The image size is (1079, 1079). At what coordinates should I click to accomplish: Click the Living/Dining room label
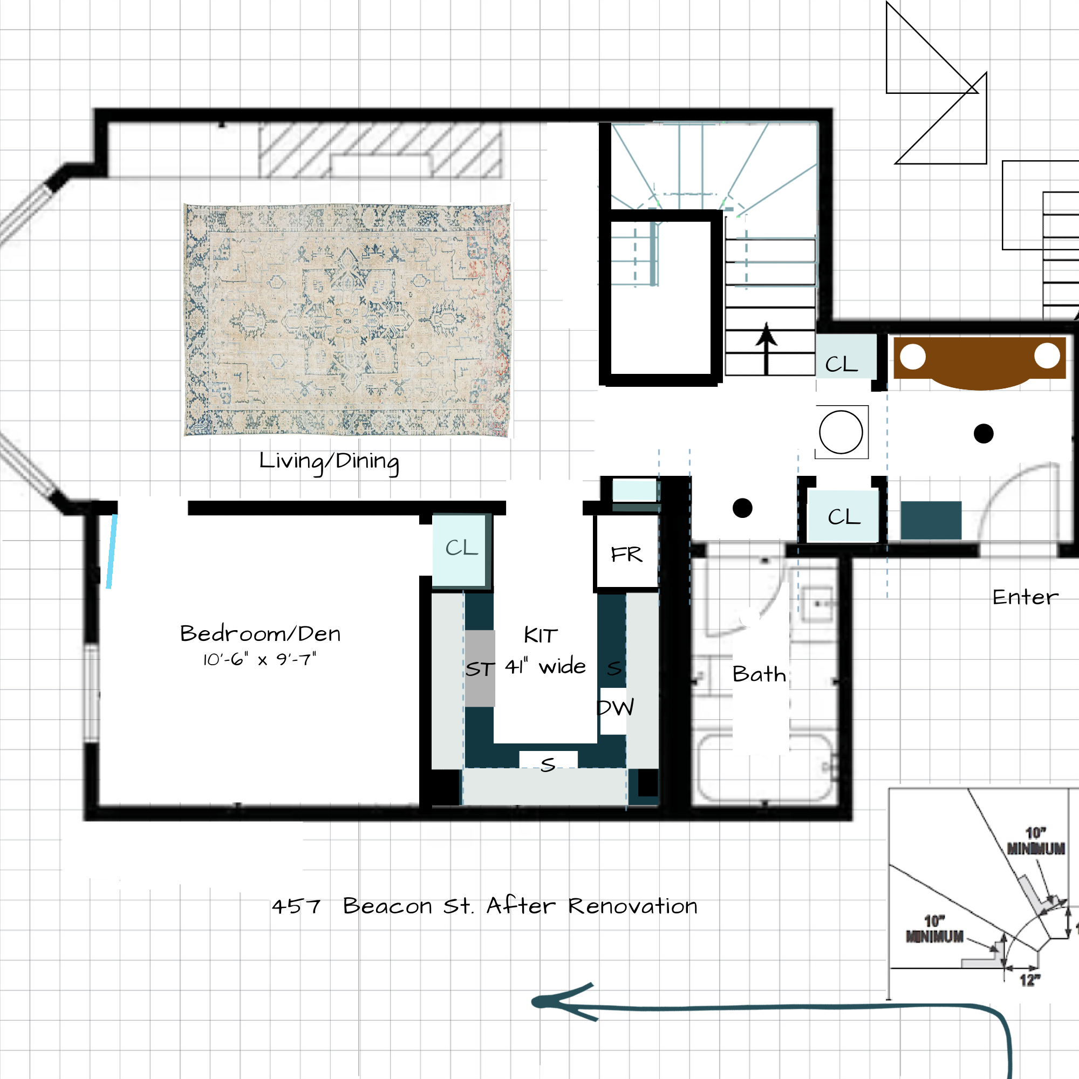[329, 462]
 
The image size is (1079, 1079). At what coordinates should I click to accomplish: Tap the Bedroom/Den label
[260, 634]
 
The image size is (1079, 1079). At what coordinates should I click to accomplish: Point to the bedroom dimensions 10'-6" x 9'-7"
[259, 660]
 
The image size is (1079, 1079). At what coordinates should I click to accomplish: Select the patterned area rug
[347, 320]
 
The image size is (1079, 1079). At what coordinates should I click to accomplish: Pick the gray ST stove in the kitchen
[480, 668]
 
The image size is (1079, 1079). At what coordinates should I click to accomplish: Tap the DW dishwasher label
[616, 708]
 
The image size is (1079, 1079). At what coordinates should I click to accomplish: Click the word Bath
[759, 674]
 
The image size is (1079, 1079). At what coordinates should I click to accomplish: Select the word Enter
[1026, 598]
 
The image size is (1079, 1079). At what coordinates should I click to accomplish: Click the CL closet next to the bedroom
[461, 550]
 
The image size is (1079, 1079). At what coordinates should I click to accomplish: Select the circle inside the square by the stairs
[841, 432]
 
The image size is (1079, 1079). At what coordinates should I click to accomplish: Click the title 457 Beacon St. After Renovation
[485, 906]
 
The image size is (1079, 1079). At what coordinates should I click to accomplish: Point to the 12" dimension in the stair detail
[1030, 980]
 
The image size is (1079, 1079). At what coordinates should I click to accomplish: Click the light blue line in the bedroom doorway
[112, 551]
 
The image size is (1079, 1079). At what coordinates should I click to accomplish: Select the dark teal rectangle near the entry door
[931, 521]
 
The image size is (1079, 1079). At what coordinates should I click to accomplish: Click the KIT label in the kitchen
[541, 635]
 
